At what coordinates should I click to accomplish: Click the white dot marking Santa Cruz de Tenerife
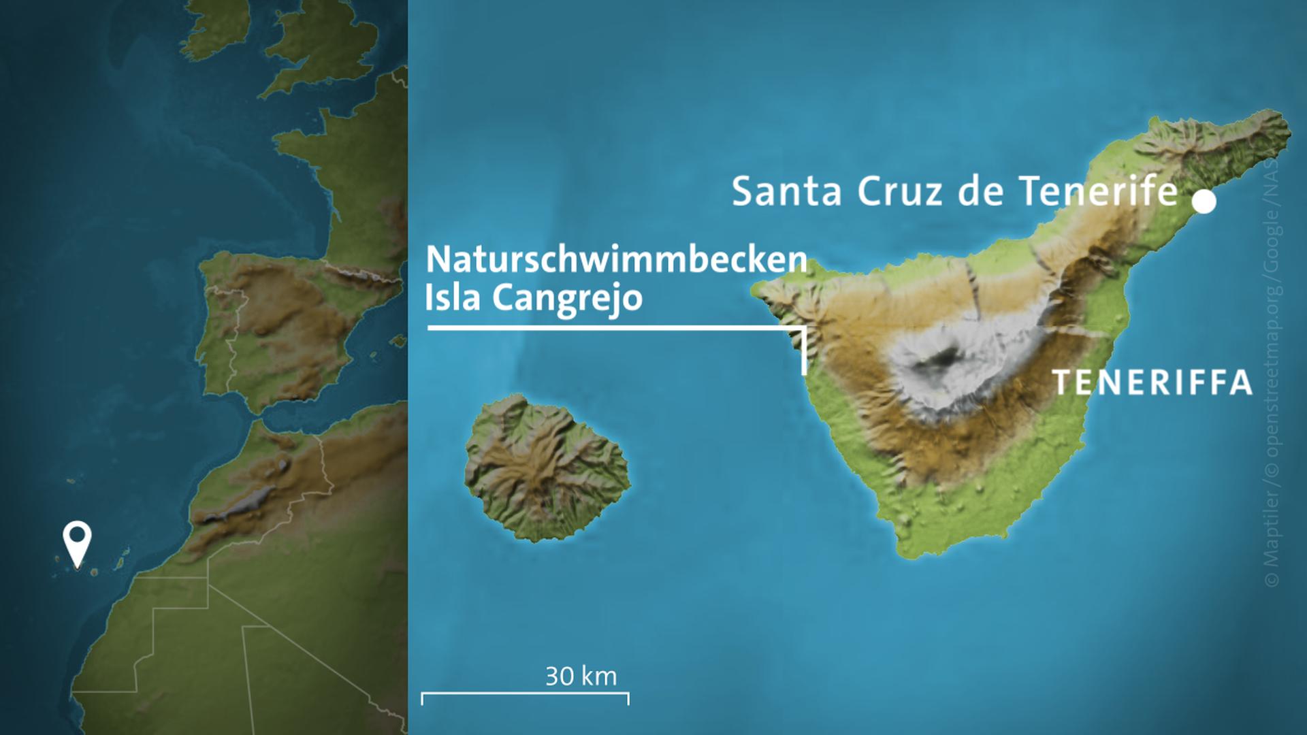pyautogui.click(x=1204, y=201)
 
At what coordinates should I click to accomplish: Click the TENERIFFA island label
pyautogui.click(x=1152, y=383)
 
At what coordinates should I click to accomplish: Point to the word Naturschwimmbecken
pyautogui.click(x=616, y=260)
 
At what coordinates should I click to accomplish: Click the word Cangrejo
pyautogui.click(x=567, y=298)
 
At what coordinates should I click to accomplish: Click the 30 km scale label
pyautogui.click(x=581, y=676)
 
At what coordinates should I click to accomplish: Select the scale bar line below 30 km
pyautogui.click(x=525, y=695)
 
